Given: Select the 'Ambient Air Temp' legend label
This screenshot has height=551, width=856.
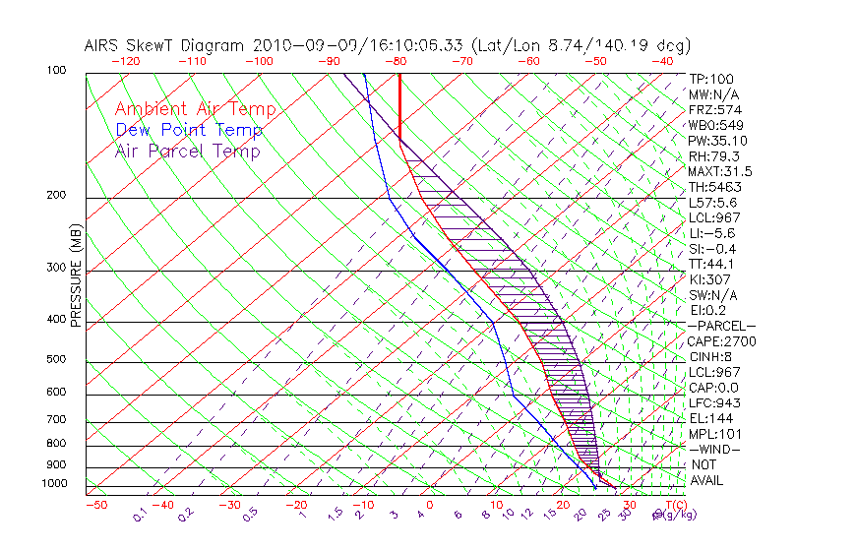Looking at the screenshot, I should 195,110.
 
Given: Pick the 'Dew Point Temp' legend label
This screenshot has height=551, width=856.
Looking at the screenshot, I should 189,131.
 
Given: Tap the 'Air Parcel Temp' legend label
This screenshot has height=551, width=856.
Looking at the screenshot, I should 187,152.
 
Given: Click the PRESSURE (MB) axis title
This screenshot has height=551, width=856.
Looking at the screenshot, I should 77,277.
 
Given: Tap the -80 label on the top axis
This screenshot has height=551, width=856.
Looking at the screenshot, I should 397,61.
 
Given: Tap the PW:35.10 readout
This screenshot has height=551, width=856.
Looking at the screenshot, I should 718,141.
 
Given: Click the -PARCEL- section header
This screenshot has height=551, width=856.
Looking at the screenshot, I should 721,326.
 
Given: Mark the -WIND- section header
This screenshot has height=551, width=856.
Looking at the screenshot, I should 714,449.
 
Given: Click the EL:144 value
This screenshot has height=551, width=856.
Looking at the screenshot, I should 711,418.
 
